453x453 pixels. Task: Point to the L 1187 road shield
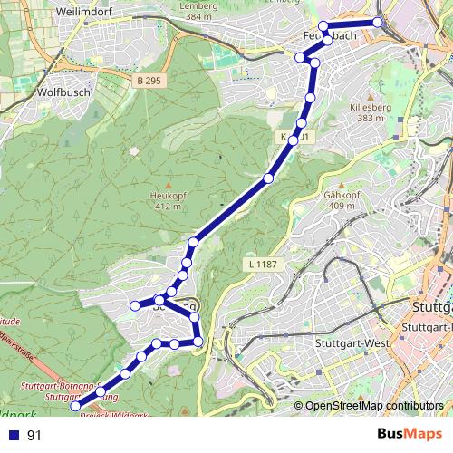[260, 264]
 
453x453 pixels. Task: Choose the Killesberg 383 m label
[371, 111]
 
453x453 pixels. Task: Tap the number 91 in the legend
[34, 436]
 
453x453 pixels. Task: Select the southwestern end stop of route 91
[76, 407]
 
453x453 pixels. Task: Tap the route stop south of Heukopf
[193, 242]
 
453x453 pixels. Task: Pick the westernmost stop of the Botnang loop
[135, 305]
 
